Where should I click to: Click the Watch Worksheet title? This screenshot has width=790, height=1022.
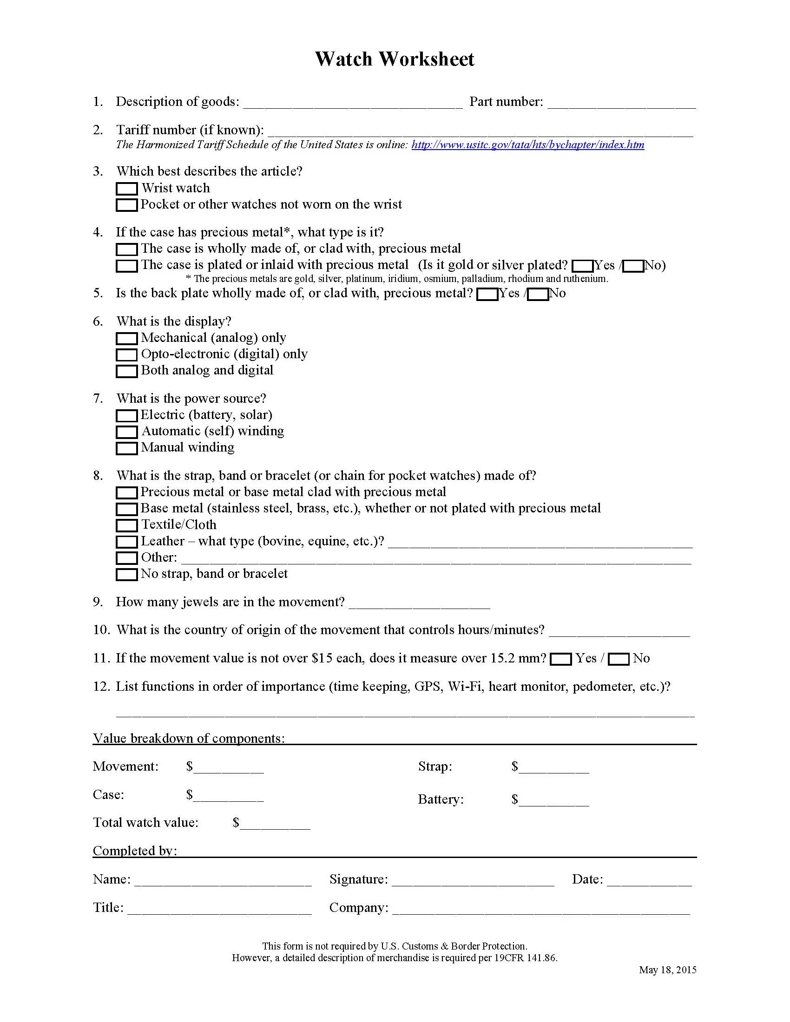point(395,59)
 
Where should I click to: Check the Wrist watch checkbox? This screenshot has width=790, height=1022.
point(126,189)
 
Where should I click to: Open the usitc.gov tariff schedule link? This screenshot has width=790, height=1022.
point(527,144)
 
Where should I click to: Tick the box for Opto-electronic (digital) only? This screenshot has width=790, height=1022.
point(126,355)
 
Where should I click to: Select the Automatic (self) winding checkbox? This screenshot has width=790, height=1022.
point(126,432)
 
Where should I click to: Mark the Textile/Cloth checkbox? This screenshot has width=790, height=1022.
point(126,525)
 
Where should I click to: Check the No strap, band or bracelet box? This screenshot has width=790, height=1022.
point(126,575)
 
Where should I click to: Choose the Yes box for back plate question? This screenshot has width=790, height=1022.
point(487,295)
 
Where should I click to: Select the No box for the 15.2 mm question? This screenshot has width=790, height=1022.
point(619,659)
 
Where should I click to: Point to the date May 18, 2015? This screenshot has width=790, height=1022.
point(667,970)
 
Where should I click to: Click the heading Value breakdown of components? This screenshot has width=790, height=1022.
point(189,739)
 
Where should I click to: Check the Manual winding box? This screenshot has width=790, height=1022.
point(126,448)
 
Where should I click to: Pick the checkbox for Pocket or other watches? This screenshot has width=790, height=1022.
point(126,205)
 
